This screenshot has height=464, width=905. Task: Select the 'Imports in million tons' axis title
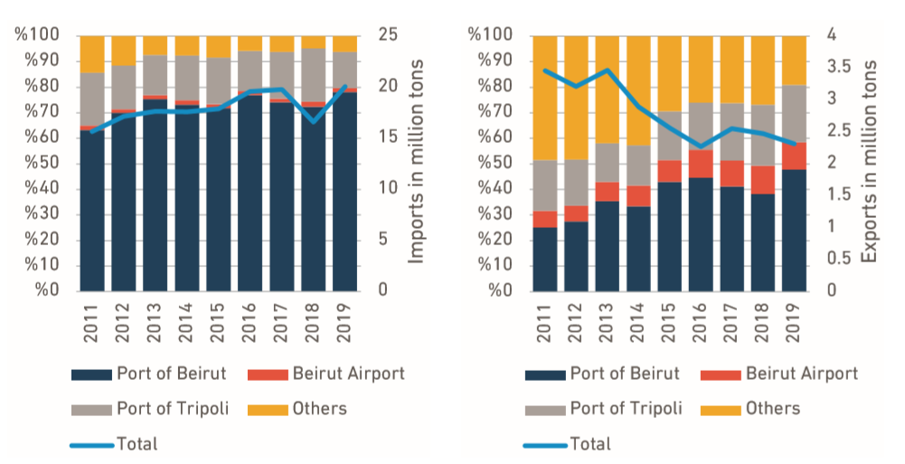click(417, 163)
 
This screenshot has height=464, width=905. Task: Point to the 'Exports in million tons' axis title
click(870, 163)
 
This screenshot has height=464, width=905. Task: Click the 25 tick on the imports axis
click(383, 35)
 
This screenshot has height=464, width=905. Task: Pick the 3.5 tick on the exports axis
click(837, 67)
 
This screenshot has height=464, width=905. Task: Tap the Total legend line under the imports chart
click(90, 443)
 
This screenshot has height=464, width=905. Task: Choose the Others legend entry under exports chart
click(773, 409)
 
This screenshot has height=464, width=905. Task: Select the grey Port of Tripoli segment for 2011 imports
click(92, 99)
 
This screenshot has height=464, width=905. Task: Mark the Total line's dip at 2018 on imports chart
click(313, 121)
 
